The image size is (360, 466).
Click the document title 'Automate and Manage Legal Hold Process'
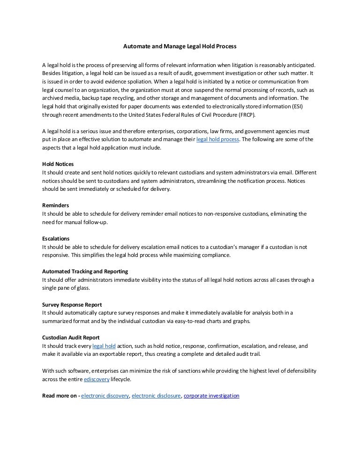(x=180, y=47)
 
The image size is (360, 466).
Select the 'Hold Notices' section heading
(x=58, y=165)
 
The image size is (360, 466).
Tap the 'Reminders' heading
(x=56, y=205)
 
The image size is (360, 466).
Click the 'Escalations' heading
(x=56, y=238)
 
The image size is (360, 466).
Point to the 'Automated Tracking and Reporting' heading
(x=85, y=271)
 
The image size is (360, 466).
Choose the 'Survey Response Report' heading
(x=72, y=304)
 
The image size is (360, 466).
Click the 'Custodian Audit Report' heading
(x=71, y=337)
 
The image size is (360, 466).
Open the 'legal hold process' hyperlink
(x=217, y=140)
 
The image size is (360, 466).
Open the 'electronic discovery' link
(x=105, y=396)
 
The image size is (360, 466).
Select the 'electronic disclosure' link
(x=156, y=396)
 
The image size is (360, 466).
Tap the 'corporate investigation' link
(x=211, y=396)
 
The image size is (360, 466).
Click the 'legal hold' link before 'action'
(x=104, y=346)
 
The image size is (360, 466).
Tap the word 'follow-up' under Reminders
(x=95, y=222)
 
